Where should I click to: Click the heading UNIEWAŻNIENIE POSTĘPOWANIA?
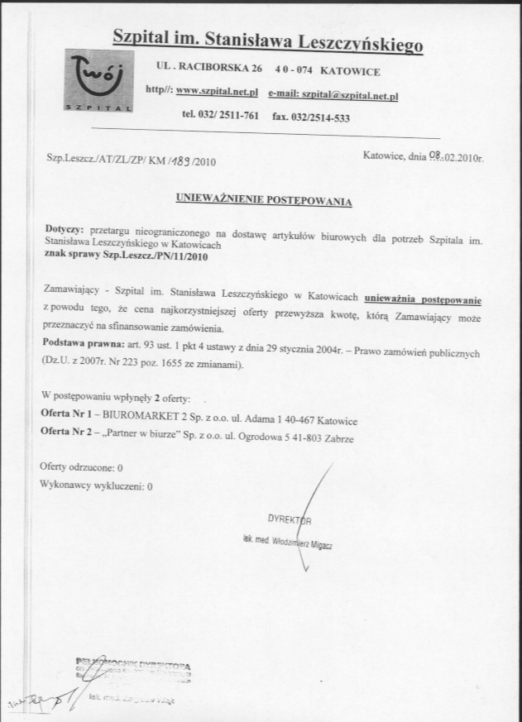point(265,200)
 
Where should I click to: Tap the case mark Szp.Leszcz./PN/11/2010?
point(157,256)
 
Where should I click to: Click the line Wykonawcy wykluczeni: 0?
point(97,487)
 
